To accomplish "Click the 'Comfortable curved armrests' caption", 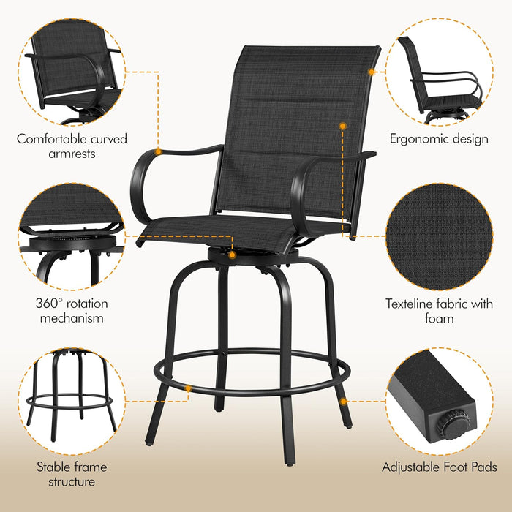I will [72, 146].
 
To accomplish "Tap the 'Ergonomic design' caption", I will [439, 138].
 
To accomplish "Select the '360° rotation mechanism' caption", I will [72, 310].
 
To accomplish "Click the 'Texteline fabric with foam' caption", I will [439, 311].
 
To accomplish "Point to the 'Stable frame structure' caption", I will [72, 474].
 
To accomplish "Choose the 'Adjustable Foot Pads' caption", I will [439, 467].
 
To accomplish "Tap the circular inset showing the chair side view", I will [439, 73].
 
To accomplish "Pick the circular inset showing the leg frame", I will [72, 402].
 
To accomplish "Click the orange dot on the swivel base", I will [232, 255].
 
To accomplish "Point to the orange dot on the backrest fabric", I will [342, 126].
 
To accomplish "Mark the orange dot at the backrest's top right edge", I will [372, 72].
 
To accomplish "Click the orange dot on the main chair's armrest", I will [157, 151].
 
